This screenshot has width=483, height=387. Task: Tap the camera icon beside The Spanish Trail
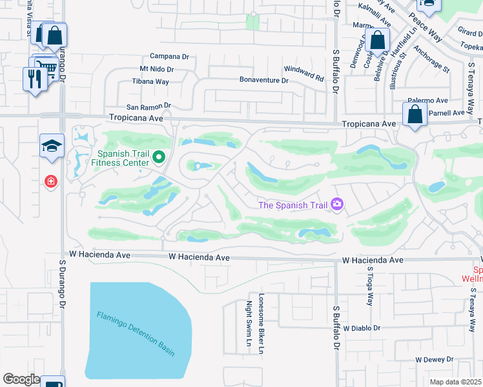336,204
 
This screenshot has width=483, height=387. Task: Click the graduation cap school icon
52,146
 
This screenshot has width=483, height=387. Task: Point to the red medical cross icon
50,183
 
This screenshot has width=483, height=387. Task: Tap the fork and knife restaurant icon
33,79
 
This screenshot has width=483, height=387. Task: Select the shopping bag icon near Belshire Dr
377,41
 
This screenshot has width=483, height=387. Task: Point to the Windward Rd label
303,73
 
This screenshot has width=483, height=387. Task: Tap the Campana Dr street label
169,56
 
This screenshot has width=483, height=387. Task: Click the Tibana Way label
150,81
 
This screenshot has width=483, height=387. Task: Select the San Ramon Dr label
148,106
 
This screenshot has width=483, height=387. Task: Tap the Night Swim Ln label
249,322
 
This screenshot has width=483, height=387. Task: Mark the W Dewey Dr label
437,359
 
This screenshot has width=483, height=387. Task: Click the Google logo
21,379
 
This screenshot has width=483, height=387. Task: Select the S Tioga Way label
370,286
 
